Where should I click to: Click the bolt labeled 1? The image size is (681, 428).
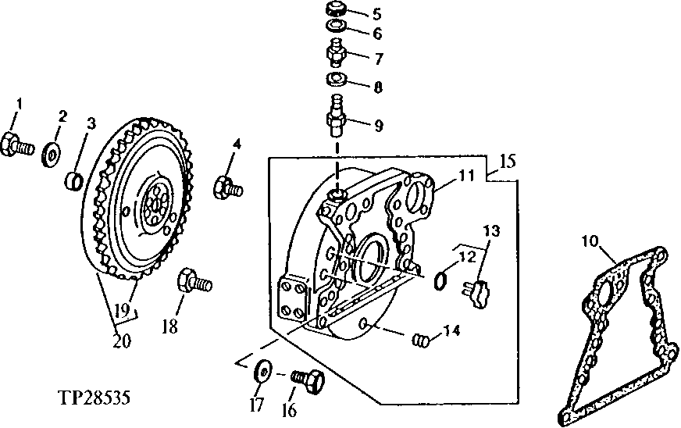(17, 144)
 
